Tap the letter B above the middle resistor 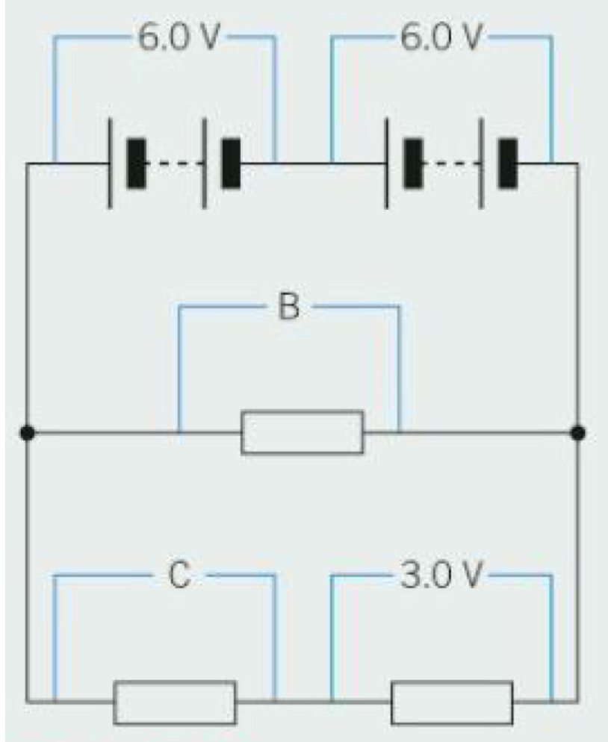coord(288,307)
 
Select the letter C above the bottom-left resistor coord(179,576)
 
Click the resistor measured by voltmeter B coord(302,432)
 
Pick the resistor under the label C coord(175,702)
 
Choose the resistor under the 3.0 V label coord(452,702)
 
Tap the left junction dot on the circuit coord(27,432)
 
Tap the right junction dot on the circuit coord(577,432)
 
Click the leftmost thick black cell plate coord(136,163)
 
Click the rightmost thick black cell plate coord(508,163)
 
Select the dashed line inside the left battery coord(174,163)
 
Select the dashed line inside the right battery coord(451,163)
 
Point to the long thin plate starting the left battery coord(111,163)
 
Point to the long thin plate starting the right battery coord(387,163)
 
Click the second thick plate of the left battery coord(231,163)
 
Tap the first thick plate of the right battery coord(413,163)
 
